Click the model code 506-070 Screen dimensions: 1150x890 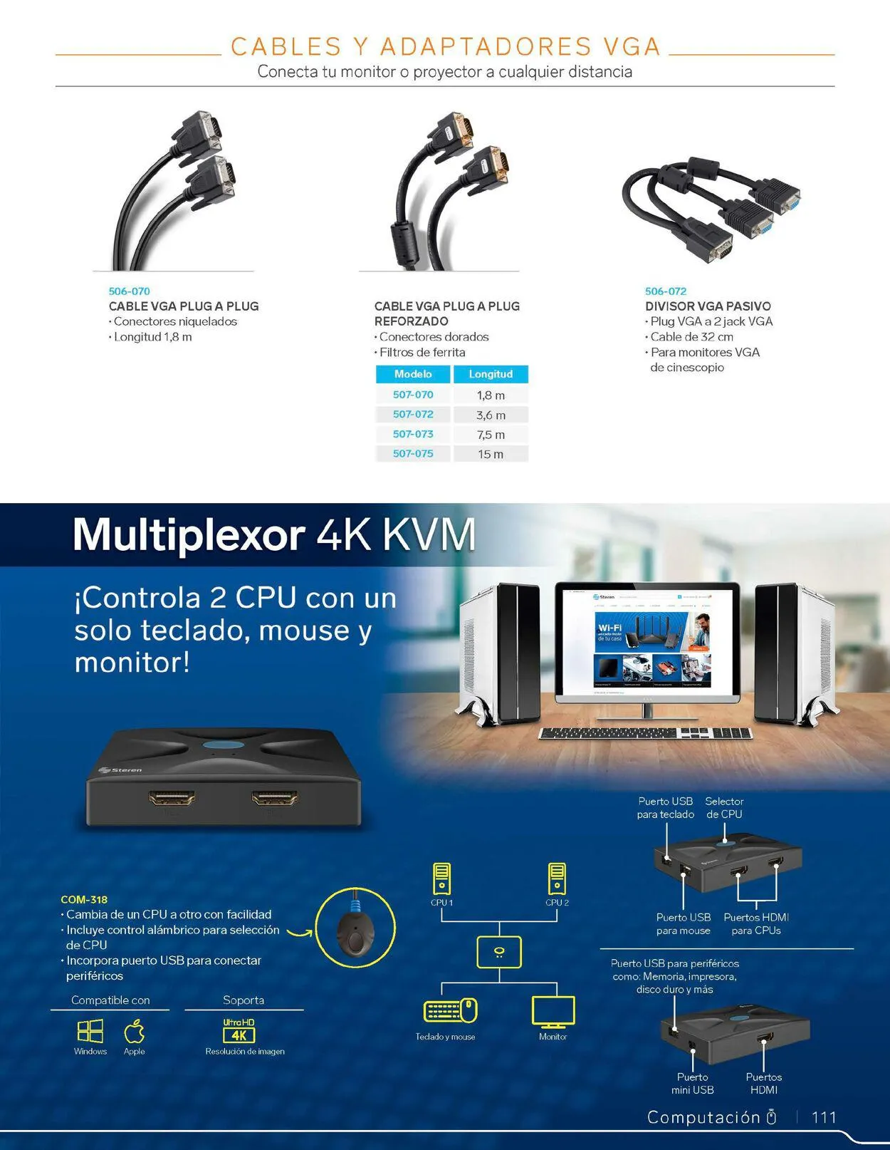[x=129, y=291]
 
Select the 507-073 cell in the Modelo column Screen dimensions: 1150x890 [x=413, y=434]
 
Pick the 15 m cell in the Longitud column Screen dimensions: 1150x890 [x=490, y=454]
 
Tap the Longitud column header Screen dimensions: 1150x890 [x=490, y=374]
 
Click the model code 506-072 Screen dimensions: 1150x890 [x=665, y=291]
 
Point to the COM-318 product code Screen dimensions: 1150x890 [x=84, y=900]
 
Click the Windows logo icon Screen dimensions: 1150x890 [x=90, y=1031]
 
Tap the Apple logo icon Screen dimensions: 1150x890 [x=134, y=1031]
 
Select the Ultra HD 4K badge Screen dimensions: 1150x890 [x=239, y=1030]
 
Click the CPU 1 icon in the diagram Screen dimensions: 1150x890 [x=441, y=879]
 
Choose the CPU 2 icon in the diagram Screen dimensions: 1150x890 [x=557, y=879]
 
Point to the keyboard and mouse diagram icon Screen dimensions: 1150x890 [x=450, y=1011]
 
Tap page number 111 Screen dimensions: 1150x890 [x=824, y=1117]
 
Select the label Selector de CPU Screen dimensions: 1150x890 [x=724, y=808]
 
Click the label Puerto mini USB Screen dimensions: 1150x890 [x=692, y=1083]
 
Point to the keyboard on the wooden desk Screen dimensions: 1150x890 [x=645, y=733]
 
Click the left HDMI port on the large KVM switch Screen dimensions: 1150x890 [x=172, y=797]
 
